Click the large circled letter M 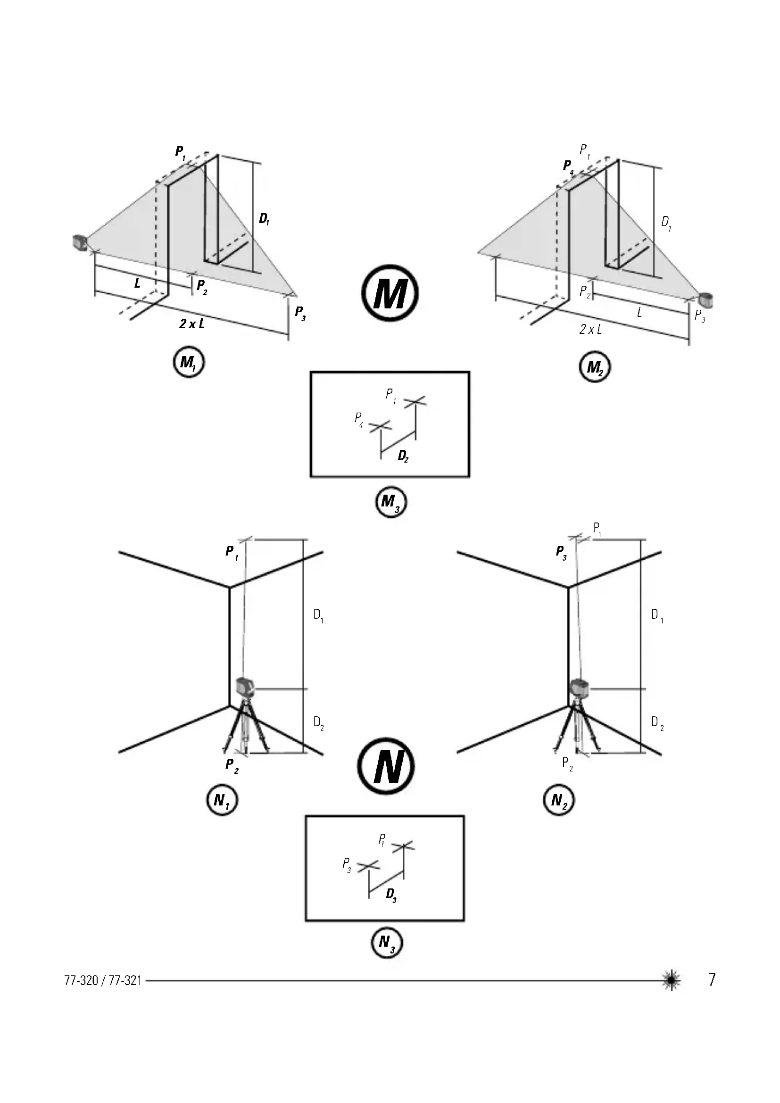point(390,292)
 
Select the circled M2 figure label point(595,368)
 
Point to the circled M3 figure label point(390,503)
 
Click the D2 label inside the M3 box point(403,456)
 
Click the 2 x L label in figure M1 point(191,324)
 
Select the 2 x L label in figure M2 point(590,330)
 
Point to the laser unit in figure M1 point(79,242)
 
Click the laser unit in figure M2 point(706,301)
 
